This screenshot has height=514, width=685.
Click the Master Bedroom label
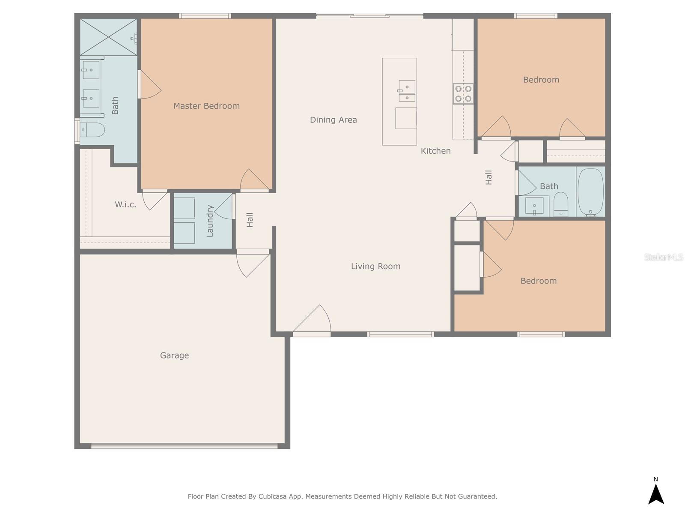pos(207,106)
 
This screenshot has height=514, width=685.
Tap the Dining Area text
pos(333,120)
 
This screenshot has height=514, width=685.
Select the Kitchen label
pos(436,151)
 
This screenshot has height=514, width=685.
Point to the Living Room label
pos(376,266)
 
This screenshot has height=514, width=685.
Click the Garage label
pos(174,356)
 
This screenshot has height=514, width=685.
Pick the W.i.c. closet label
pos(125,205)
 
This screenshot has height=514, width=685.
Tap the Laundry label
pos(210,221)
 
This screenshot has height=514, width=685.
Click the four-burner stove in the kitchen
pos(463,94)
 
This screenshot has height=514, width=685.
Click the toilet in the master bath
pos(92,130)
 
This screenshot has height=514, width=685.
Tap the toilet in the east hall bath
pos(561,204)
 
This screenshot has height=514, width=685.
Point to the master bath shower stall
pos(108,37)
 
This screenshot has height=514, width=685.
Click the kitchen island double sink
pos(407,91)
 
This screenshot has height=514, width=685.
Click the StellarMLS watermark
pos(664,257)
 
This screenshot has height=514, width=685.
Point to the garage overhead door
pos(185,446)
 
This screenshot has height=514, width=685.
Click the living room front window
pos(400,334)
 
